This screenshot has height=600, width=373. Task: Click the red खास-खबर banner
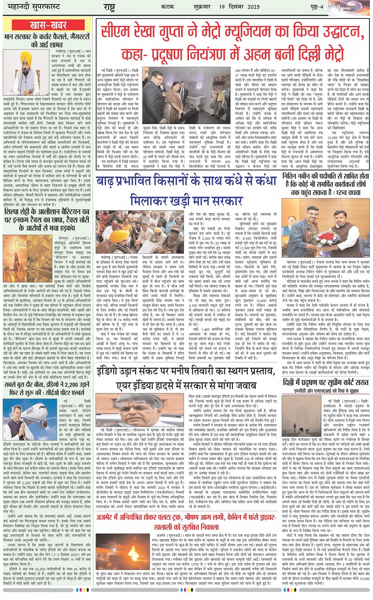point(48,25)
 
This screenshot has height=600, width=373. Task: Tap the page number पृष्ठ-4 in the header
point(316,7)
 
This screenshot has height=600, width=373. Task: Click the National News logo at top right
point(349,8)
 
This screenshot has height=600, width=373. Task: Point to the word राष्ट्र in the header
point(109,7)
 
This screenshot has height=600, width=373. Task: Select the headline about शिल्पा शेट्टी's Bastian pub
point(47,220)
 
